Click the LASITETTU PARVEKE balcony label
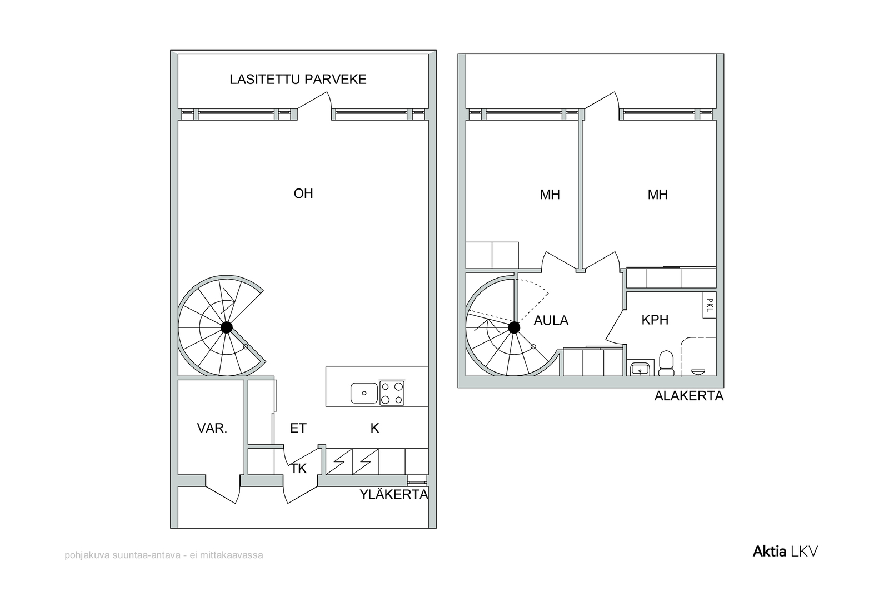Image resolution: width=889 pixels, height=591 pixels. click(x=298, y=80)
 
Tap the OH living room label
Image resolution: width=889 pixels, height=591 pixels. click(x=303, y=193)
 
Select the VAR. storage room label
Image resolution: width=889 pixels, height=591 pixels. click(x=212, y=428)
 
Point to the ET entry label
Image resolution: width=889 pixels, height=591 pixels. click(x=298, y=428)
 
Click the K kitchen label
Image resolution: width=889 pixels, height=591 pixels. click(x=374, y=428)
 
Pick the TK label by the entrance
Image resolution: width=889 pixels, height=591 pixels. click(x=298, y=469)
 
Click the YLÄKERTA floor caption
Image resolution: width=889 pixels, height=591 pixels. click(x=394, y=494)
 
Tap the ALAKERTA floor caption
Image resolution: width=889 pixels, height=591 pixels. click(x=689, y=396)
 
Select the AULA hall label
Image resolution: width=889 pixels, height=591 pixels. click(x=551, y=321)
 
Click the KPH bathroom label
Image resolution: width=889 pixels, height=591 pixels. click(x=655, y=320)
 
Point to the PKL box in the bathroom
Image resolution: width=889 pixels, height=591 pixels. click(x=710, y=305)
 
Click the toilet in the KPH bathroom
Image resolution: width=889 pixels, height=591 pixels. click(x=666, y=363)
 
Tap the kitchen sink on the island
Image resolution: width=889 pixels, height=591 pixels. click(x=364, y=393)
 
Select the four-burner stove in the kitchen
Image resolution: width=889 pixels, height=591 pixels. click(x=392, y=393)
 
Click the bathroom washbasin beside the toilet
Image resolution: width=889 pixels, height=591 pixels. click(x=640, y=369)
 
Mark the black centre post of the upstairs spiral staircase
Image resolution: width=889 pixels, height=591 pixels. click(x=227, y=327)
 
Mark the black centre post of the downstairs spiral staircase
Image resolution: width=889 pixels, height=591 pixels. click(x=514, y=327)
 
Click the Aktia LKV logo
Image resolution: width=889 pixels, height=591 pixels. click(x=785, y=552)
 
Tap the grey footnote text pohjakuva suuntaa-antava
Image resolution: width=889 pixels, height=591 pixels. click(x=163, y=555)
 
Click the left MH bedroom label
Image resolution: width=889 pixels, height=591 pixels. click(x=550, y=195)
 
